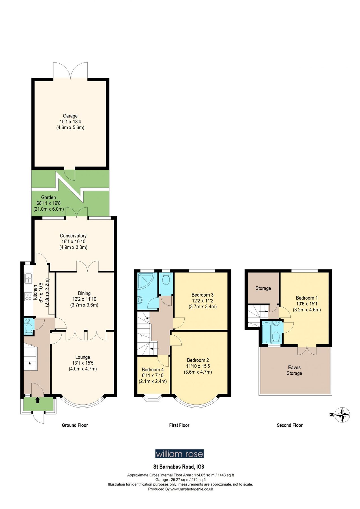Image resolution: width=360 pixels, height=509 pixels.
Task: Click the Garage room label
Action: (x=70, y=116)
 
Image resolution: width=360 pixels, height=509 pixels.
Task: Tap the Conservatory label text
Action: (x=73, y=236)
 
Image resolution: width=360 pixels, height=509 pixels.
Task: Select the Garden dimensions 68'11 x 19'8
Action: (x=48, y=203)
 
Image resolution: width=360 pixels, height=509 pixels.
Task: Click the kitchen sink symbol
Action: (x=28, y=278)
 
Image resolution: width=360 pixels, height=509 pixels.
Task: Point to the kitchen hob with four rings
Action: (x=28, y=296)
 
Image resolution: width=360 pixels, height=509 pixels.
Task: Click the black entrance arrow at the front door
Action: (x=38, y=400)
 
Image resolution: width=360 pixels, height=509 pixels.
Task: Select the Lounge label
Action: (x=83, y=357)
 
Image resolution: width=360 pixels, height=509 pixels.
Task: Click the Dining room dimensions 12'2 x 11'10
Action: (x=84, y=299)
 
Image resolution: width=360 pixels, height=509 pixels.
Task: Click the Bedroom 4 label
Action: (x=152, y=370)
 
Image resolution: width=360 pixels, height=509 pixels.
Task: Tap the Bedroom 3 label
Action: (x=202, y=295)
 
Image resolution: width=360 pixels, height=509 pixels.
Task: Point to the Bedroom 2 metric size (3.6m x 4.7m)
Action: (x=198, y=372)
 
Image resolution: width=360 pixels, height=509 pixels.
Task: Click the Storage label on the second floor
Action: (x=263, y=288)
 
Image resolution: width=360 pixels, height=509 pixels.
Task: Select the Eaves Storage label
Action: (x=294, y=370)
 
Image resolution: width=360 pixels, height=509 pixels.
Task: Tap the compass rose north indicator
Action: (x=342, y=415)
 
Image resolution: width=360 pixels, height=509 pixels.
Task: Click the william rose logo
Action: (x=179, y=454)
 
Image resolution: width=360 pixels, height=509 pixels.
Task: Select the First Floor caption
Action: (x=179, y=425)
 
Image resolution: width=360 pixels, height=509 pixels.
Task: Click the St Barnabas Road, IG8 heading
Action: (x=178, y=467)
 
